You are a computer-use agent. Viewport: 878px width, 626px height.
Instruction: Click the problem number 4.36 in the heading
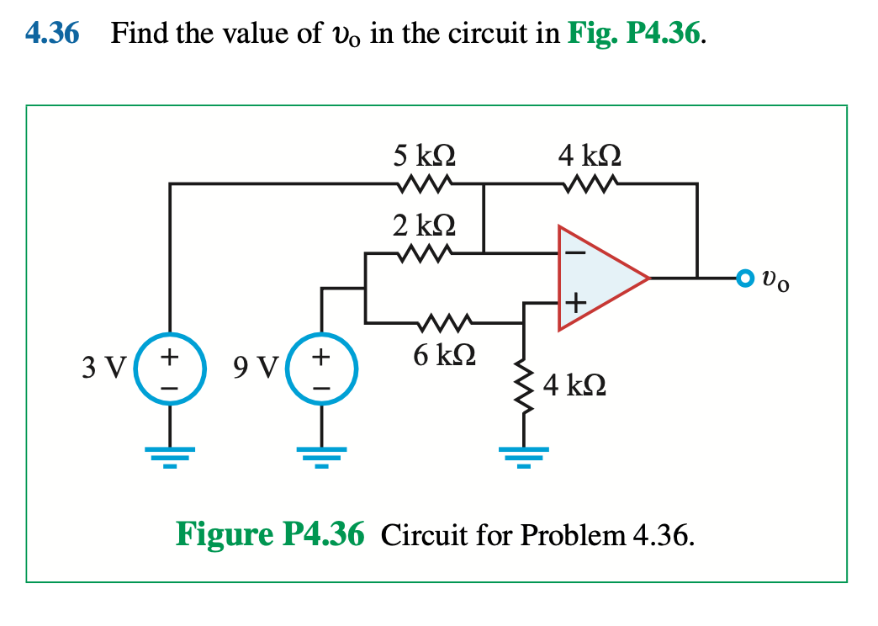click(x=51, y=34)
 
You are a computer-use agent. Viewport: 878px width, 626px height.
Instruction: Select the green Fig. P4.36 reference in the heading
click(x=636, y=34)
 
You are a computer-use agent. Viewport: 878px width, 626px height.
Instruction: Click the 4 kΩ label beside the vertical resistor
click(x=574, y=387)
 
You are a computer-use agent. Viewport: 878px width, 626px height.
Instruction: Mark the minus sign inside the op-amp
click(x=576, y=251)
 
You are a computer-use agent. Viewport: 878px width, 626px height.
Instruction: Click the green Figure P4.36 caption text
click(x=270, y=534)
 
